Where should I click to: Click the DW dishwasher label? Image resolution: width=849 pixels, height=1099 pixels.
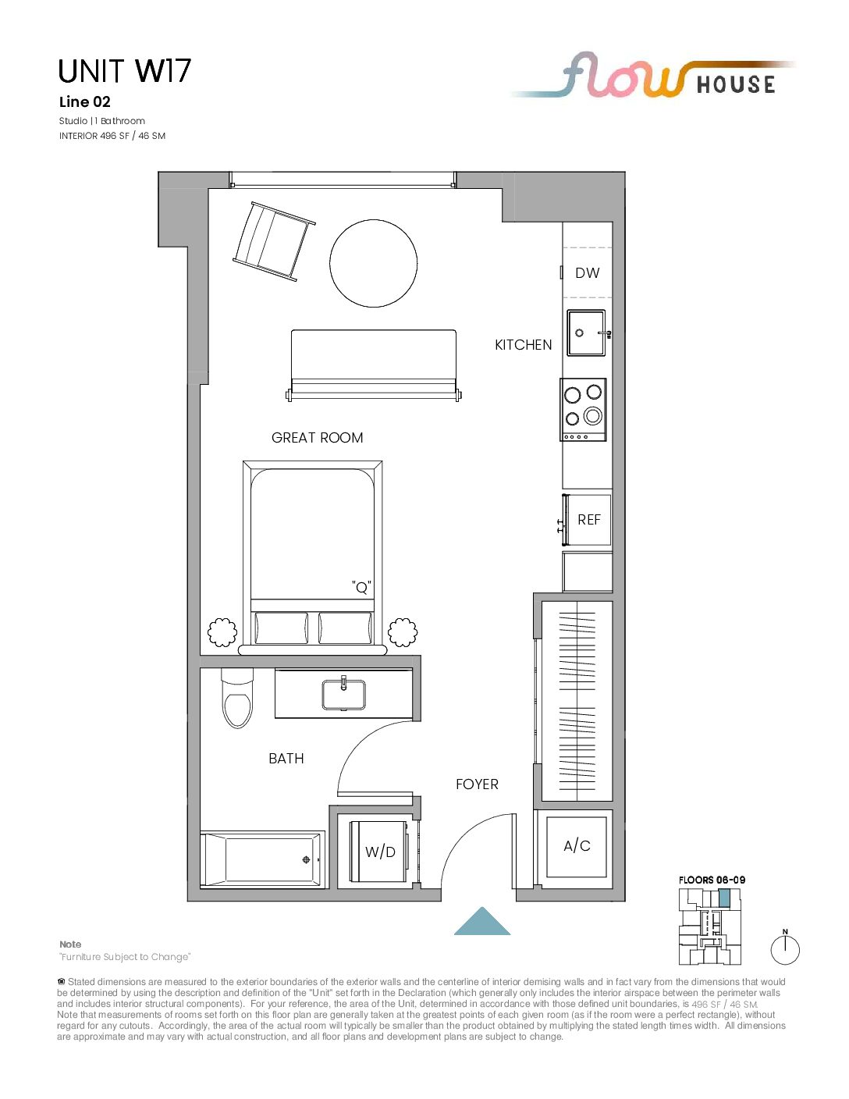click(x=587, y=273)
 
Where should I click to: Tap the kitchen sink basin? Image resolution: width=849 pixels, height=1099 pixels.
click(x=586, y=333)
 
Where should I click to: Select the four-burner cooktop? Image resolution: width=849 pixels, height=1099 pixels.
click(x=583, y=410)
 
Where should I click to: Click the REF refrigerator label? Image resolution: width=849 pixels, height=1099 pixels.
click(x=589, y=519)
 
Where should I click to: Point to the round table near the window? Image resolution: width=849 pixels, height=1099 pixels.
click(x=373, y=263)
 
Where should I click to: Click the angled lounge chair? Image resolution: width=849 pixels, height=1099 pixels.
click(x=274, y=240)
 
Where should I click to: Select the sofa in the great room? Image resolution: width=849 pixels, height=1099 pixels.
click(x=374, y=365)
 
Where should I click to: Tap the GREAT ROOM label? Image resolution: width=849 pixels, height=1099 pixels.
click(x=317, y=437)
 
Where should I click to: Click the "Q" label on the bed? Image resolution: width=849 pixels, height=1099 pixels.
click(x=361, y=587)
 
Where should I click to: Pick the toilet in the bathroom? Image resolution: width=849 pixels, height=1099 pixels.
click(x=237, y=698)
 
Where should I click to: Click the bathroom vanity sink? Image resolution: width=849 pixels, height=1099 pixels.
click(x=344, y=694)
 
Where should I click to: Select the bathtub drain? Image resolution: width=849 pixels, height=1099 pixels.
click(x=306, y=860)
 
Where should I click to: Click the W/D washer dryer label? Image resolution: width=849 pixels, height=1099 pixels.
click(x=380, y=852)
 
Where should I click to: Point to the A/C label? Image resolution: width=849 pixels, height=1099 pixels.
click(x=577, y=845)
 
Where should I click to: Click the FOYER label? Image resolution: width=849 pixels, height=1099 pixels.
click(x=477, y=784)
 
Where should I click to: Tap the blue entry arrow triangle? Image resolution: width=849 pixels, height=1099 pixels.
click(x=482, y=923)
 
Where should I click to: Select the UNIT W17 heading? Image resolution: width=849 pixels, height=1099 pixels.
click(x=124, y=71)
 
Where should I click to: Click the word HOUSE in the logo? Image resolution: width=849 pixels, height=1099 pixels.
click(x=736, y=84)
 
